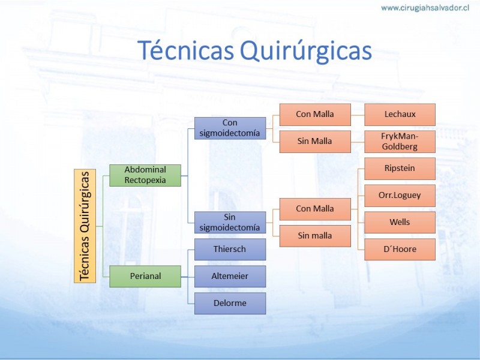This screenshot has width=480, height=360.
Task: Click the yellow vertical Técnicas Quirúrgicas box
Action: pos(85,226)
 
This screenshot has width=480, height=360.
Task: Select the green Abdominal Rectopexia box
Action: pos(145,175)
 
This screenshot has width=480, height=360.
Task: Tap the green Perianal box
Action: pos(145,276)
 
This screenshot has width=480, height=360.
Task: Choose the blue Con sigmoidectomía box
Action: pos(230,128)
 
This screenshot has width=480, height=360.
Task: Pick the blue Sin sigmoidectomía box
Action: pos(230,223)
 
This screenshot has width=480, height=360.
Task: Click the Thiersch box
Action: pos(230,249)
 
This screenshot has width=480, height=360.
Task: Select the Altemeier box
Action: pos(230,276)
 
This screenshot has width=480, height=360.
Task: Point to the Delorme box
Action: pos(230,303)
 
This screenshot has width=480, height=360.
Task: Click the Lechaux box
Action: pos(400,115)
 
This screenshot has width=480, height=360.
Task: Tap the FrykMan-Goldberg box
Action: pos(400,142)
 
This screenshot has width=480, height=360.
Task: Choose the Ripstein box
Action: pos(400,169)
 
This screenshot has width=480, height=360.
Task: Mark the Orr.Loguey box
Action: pos(400,196)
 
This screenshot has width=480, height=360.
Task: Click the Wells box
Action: pos(400,222)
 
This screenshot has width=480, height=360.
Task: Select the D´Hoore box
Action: pos(400,249)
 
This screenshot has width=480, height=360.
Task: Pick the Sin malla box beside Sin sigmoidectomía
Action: pos(315,236)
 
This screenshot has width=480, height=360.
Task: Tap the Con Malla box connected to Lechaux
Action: pos(315,115)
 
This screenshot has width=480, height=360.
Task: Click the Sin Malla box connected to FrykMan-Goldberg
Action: pos(315,142)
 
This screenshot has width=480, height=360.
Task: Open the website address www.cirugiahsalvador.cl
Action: pos(425,8)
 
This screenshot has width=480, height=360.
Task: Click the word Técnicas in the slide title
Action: pos(185,50)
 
